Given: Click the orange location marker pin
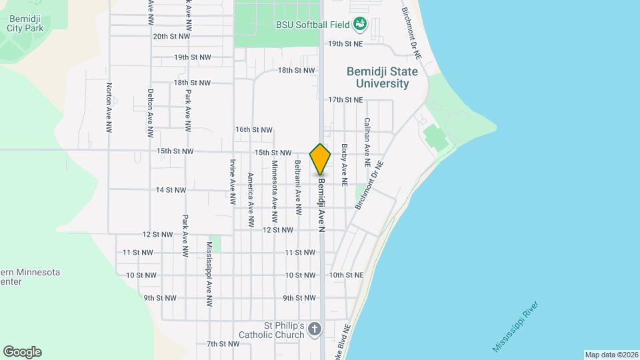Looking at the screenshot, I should (320, 159).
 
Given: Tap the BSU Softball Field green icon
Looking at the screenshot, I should (360, 25).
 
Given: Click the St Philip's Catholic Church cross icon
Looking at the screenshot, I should (315, 329).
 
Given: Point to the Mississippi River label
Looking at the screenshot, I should (515, 327).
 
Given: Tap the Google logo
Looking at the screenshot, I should (22, 352).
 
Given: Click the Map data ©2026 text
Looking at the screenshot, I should (611, 355).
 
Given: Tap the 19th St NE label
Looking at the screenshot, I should (345, 43).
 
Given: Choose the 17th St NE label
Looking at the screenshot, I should (345, 100).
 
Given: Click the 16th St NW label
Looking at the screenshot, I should (254, 129).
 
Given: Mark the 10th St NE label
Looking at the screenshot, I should (345, 275).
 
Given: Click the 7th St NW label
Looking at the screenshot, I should (223, 344).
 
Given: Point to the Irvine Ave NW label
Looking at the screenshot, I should (233, 181).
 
